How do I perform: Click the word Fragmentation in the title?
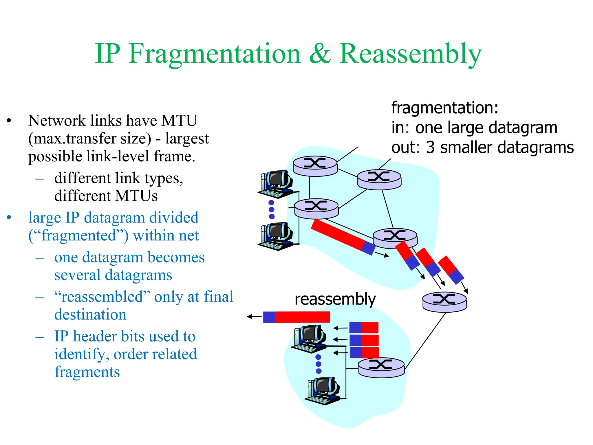[x=215, y=54]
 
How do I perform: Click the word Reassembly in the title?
[x=411, y=54]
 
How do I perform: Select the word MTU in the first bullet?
[x=179, y=121]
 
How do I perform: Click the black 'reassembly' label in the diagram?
[x=335, y=299]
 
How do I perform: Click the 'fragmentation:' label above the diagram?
[x=445, y=108]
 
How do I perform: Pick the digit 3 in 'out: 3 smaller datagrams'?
[x=430, y=147]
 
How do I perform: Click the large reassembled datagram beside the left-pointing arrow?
[x=296, y=317]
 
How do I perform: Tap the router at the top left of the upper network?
[x=315, y=166]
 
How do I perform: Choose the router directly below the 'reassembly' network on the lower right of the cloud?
[x=381, y=367]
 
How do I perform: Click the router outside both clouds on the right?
[x=444, y=302]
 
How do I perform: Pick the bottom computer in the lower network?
[x=323, y=390]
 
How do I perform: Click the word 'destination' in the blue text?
[x=90, y=315]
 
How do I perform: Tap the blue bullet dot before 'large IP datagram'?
[x=9, y=218]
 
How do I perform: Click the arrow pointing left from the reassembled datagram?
[x=254, y=317]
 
